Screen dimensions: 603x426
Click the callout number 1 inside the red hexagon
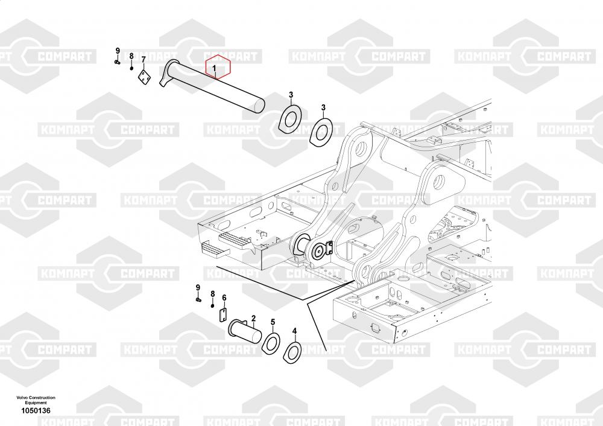click(215, 68)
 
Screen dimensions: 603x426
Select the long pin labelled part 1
click(212, 86)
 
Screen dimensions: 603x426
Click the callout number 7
click(144, 60)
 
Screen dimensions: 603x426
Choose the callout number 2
click(253, 318)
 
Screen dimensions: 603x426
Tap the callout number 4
click(295, 331)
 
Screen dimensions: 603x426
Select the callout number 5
click(273, 322)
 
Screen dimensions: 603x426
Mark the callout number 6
click(224, 298)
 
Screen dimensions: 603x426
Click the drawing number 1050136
click(36, 410)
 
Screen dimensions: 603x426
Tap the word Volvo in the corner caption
click(22, 398)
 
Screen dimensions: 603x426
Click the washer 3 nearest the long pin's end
click(290, 118)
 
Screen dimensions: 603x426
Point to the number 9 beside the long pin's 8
click(118, 51)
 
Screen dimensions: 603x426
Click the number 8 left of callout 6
click(213, 294)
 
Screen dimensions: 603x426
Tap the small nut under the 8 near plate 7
click(131, 69)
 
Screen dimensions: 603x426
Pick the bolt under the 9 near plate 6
click(198, 299)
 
